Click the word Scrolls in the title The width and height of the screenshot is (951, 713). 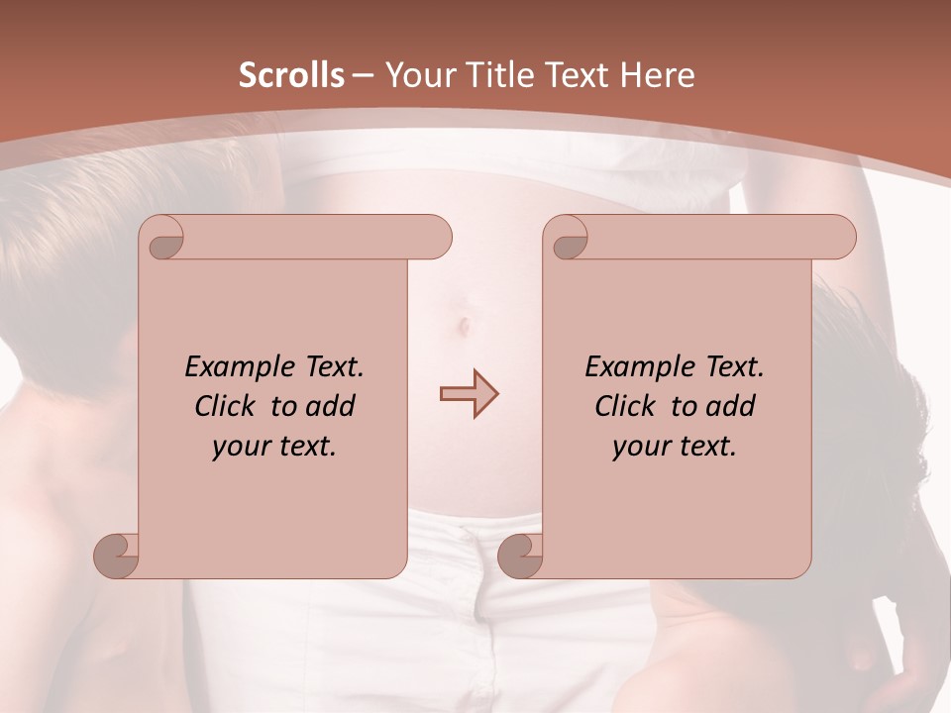click(291, 75)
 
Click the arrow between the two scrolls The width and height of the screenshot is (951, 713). click(469, 393)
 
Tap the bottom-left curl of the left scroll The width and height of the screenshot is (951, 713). click(117, 556)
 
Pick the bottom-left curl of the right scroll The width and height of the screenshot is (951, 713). click(520, 556)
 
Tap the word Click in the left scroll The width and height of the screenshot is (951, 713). click(225, 406)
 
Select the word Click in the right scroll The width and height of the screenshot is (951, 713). click(625, 406)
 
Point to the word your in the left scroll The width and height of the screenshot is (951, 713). click(238, 447)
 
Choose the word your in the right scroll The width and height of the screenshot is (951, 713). click(638, 447)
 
